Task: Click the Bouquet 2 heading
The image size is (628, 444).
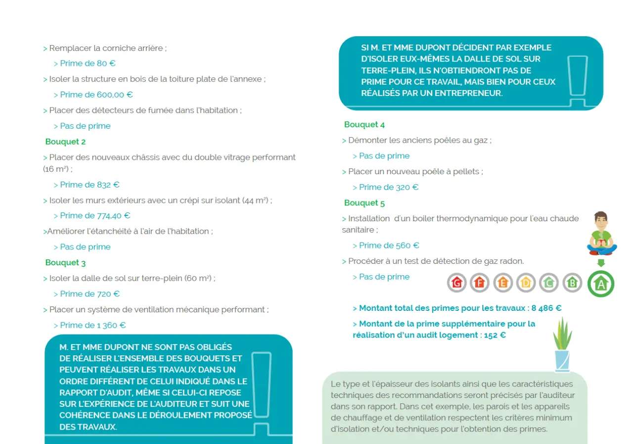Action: (65, 142)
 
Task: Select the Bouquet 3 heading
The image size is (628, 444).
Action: (65, 263)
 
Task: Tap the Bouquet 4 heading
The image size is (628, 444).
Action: (364, 125)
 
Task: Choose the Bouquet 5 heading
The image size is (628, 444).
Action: (364, 203)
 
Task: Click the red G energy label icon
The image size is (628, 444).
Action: (456, 283)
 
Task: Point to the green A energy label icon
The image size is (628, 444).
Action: (601, 284)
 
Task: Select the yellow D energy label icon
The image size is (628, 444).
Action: (526, 283)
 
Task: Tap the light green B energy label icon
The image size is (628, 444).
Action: (572, 283)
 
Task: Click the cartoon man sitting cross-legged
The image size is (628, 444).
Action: (601, 233)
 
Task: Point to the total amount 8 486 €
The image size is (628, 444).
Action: (546, 308)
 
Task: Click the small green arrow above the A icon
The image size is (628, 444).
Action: (601, 263)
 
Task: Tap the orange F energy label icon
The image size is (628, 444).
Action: (479, 283)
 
